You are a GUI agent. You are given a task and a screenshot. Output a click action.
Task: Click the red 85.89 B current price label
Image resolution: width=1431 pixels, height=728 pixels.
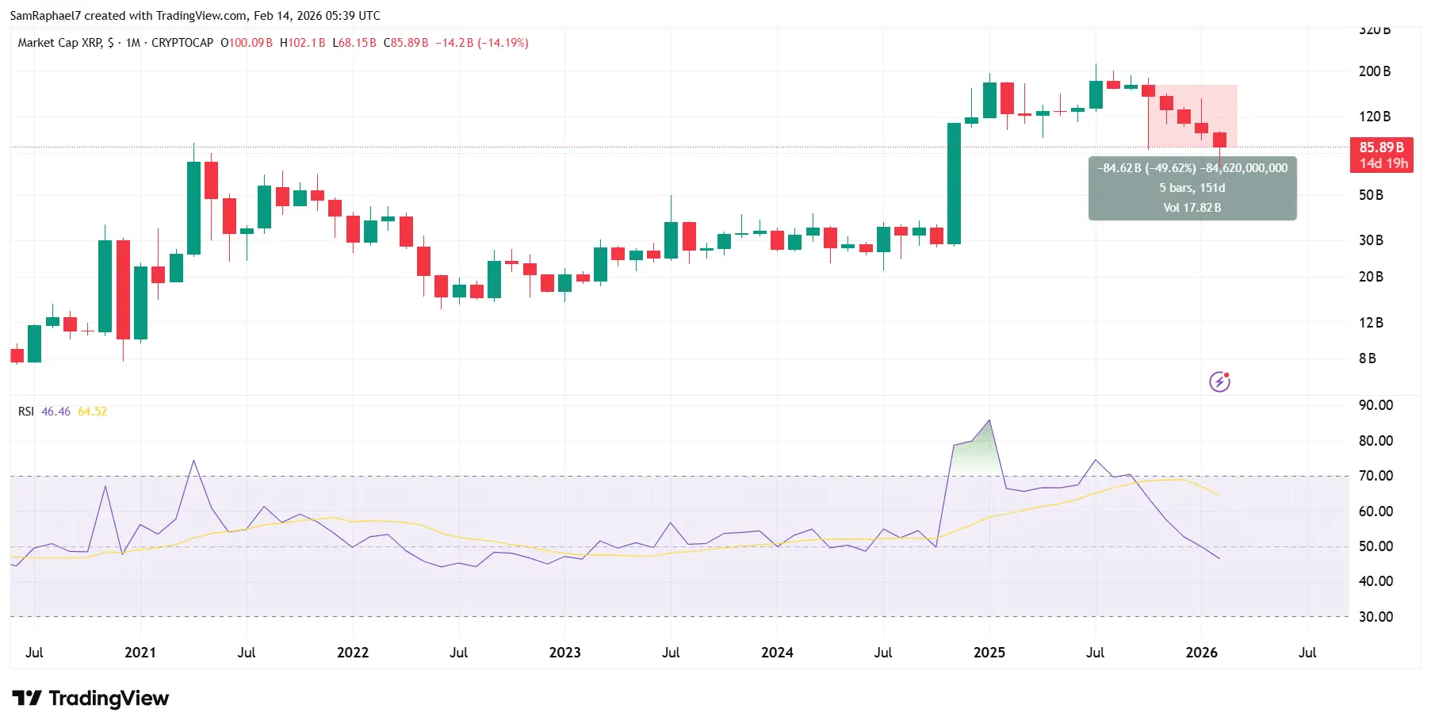coord(1381,148)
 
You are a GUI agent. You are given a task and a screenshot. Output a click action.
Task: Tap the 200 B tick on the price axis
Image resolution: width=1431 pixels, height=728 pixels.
coord(1374,71)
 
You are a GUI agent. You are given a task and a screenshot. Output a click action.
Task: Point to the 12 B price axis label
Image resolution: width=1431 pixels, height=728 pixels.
coord(1371,323)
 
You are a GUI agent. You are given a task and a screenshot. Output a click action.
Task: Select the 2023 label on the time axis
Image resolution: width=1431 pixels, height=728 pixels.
coord(564,653)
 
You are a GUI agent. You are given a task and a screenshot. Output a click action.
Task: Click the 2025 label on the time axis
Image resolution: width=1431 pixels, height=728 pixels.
coord(989,653)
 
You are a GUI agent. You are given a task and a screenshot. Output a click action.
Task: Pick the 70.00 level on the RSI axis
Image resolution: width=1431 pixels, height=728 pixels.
coord(1376,476)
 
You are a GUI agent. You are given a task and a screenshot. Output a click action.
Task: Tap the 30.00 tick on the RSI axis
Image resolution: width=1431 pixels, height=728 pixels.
coord(1376,617)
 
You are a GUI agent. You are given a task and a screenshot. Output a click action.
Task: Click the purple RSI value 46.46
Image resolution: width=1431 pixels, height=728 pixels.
coord(55,412)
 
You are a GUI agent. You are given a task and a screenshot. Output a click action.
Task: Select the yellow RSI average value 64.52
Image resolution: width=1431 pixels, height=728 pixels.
coord(92,412)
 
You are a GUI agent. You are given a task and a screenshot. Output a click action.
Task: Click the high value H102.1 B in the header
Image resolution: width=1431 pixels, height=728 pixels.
coord(303,43)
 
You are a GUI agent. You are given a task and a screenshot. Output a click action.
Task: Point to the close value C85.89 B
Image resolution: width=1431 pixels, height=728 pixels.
coord(406,43)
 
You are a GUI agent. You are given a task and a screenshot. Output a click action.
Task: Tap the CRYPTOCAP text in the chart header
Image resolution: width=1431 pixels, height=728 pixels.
coord(182,43)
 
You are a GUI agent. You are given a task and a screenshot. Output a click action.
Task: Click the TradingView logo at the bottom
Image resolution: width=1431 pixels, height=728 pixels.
coord(90,699)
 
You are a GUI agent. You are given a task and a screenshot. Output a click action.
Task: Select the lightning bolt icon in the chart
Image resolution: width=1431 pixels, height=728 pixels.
coord(1219,382)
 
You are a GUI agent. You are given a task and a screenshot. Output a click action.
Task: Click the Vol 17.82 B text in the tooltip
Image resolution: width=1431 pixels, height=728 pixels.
coord(1192,208)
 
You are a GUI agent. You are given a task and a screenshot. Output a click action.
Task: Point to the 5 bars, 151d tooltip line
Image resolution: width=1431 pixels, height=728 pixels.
coord(1192,188)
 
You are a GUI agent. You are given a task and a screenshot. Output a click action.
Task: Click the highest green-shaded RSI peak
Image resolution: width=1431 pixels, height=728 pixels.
coord(989,422)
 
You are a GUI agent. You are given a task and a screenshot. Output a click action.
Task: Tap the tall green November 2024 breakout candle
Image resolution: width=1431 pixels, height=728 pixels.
coord(954,183)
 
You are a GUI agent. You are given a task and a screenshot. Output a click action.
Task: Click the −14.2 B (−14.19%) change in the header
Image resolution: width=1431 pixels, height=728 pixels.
coord(482,43)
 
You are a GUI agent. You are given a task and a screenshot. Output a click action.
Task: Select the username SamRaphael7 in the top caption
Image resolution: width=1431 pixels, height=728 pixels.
coord(45,16)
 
